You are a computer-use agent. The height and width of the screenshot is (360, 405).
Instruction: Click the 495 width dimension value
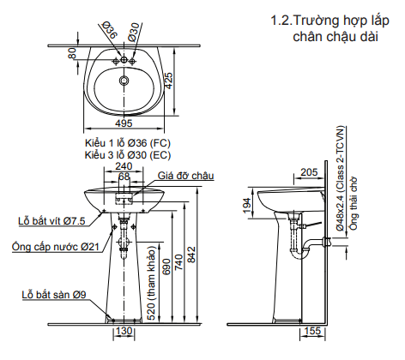[x=124, y=123]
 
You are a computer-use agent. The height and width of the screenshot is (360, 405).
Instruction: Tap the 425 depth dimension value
[x=168, y=81]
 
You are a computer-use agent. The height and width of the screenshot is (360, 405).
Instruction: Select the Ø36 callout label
[x=109, y=30]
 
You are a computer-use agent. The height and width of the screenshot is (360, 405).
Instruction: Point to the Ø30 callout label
[x=134, y=33]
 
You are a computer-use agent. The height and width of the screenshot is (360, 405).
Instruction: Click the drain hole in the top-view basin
[x=124, y=81]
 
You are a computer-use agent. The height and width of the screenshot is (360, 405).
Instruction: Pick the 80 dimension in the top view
[x=72, y=53]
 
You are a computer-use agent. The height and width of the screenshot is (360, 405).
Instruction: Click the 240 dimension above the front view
[x=124, y=166]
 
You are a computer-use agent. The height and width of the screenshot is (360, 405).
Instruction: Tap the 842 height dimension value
[x=190, y=255]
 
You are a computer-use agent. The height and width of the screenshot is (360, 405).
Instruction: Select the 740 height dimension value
[x=178, y=262]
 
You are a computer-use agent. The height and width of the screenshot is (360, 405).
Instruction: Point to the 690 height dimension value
[x=166, y=267]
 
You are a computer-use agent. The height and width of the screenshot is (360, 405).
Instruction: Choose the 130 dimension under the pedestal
[x=124, y=331]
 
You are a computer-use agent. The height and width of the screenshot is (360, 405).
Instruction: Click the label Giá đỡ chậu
[x=186, y=176]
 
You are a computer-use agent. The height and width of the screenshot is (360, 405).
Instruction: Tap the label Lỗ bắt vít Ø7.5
[x=51, y=220]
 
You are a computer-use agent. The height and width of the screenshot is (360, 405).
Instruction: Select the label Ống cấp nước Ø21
[x=56, y=246]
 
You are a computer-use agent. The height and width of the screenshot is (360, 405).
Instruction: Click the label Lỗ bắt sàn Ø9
[x=54, y=295]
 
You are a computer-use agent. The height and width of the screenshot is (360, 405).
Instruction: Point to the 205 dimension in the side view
[x=309, y=172]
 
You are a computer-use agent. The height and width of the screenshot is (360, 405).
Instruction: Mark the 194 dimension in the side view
[x=247, y=206]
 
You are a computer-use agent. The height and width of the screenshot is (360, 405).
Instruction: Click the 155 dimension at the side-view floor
[x=312, y=331]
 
